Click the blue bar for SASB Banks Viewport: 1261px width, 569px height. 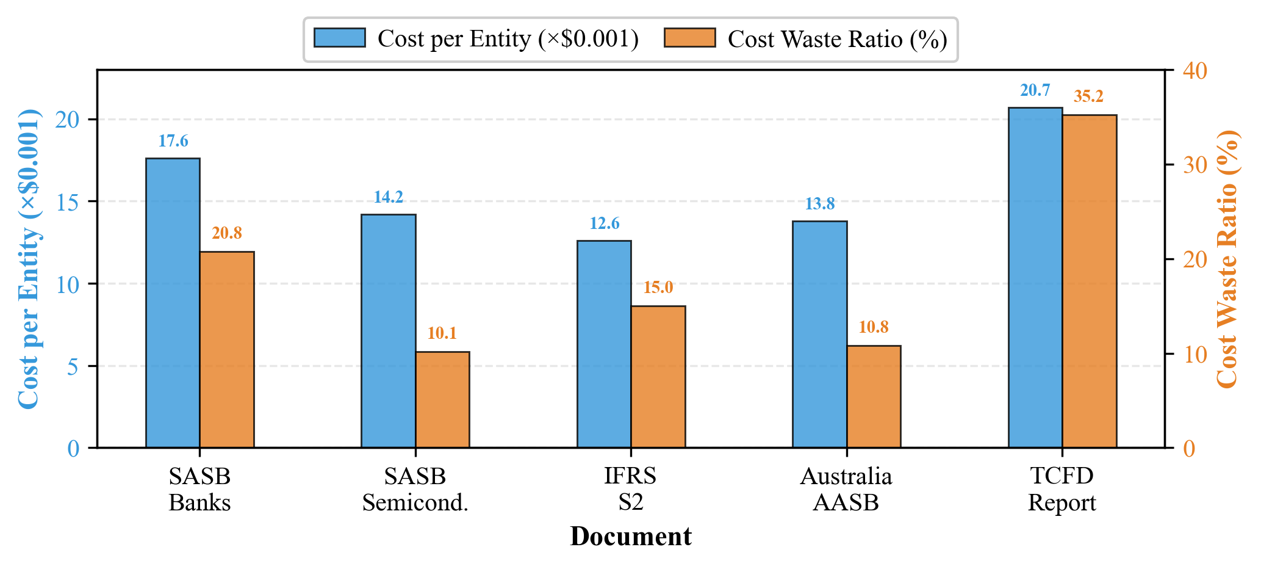click(x=173, y=303)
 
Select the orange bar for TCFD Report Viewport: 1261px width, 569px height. click(x=1089, y=281)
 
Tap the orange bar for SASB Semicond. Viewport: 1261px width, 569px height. click(x=442, y=399)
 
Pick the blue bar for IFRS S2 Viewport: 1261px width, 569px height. click(x=604, y=344)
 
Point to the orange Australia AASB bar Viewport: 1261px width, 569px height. click(x=874, y=396)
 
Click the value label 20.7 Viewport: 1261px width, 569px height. click(x=1035, y=91)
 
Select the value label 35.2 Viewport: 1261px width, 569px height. click(x=1088, y=97)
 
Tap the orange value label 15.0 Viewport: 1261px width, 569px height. click(x=658, y=288)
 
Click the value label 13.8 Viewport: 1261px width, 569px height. click(x=819, y=204)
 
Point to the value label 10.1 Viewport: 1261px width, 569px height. click(x=442, y=333)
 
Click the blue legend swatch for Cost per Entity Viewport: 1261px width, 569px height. click(x=339, y=38)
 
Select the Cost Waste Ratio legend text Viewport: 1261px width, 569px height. click(x=837, y=39)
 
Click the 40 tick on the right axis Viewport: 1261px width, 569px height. click(x=1195, y=71)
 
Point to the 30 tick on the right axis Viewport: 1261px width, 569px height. click(x=1195, y=165)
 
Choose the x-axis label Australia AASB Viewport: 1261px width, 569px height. click(x=846, y=489)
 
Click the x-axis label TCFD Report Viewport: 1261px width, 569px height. click(x=1062, y=489)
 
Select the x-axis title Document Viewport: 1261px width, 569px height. click(x=630, y=537)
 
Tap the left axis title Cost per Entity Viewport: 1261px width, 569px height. click(x=28, y=259)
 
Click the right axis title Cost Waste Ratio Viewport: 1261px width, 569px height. click(x=1227, y=259)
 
